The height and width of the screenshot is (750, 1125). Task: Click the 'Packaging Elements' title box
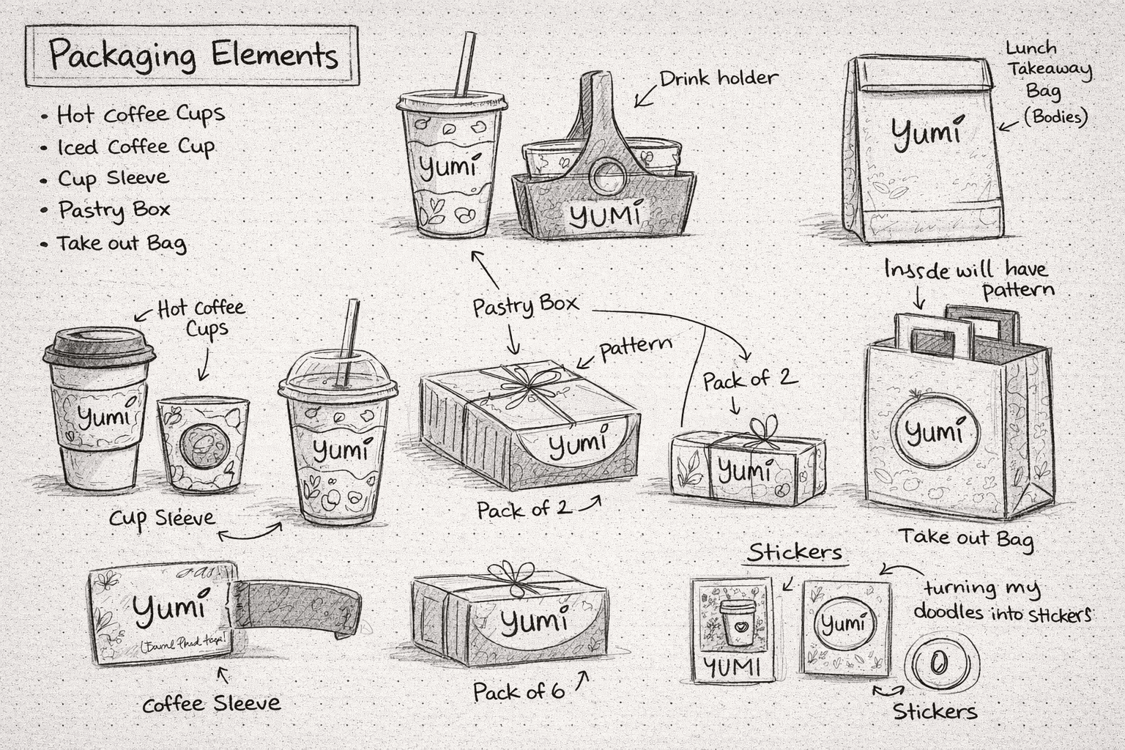pyautogui.click(x=192, y=56)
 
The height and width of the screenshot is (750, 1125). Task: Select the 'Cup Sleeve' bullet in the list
pyautogui.click(x=114, y=178)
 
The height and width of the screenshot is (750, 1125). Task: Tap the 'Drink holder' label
pyautogui.click(x=718, y=78)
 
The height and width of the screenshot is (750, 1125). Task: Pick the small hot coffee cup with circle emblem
pyautogui.click(x=202, y=443)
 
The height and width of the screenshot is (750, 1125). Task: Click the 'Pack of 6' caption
pyautogui.click(x=519, y=691)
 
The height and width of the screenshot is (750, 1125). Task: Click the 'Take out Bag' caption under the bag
pyautogui.click(x=966, y=538)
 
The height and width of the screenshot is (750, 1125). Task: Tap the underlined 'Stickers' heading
pyautogui.click(x=795, y=552)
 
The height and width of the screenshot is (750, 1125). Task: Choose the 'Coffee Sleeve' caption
pyautogui.click(x=211, y=704)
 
